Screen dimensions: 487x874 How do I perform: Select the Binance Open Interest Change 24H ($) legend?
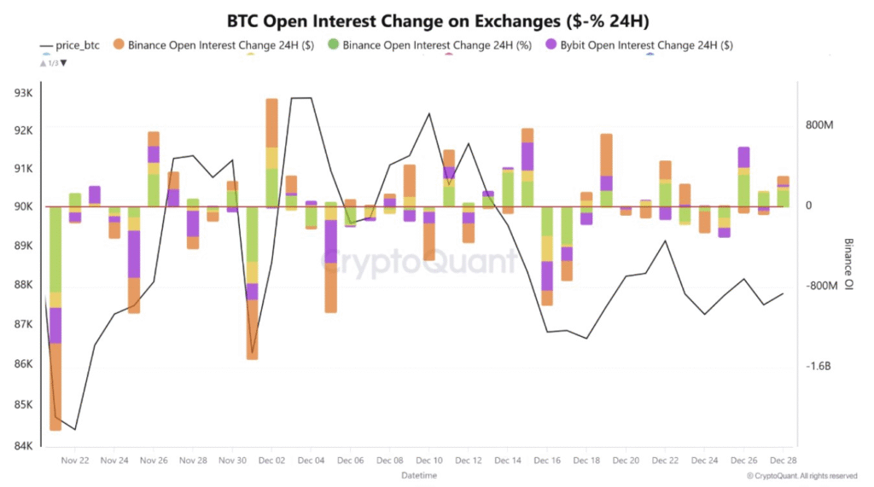(220, 45)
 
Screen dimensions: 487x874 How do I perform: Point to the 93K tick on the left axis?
(21, 91)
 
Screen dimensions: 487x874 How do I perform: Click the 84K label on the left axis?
(21, 445)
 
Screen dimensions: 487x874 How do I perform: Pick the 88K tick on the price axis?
(21, 284)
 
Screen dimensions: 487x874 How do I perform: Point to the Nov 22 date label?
(75, 461)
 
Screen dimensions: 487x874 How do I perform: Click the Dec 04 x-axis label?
(310, 461)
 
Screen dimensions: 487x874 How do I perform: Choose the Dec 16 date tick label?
(546, 461)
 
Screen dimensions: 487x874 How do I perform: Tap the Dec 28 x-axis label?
(783, 461)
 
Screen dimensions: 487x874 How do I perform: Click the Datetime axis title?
(419, 474)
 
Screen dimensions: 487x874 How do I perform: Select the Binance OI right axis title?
(848, 265)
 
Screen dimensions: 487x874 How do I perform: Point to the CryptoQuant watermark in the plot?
(420, 262)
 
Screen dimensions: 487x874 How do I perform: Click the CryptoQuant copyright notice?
(801, 476)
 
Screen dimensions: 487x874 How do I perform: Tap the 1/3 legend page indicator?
(53, 62)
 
